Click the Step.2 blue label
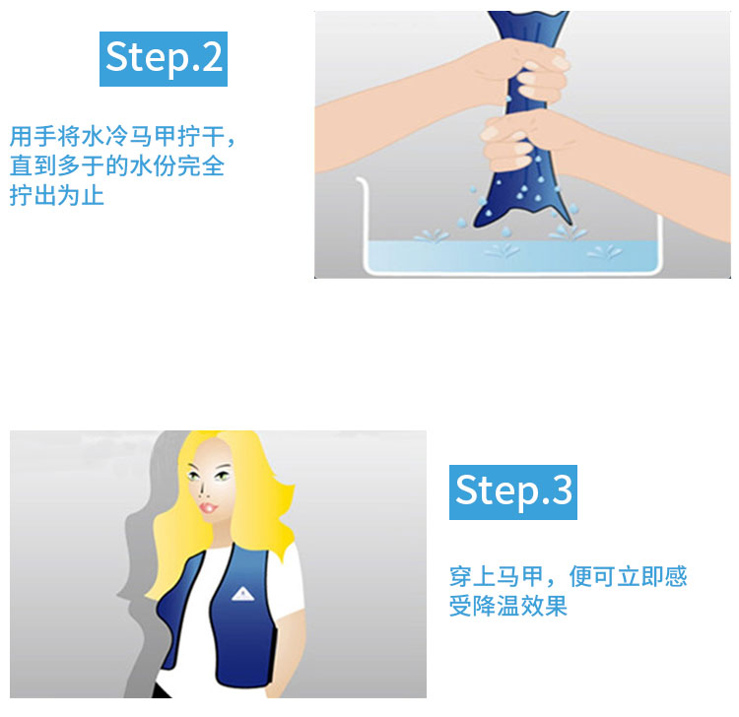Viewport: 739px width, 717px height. click(163, 59)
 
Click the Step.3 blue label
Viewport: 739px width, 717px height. click(512, 492)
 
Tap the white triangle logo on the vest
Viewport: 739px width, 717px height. click(242, 595)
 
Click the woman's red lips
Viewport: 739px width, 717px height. click(208, 508)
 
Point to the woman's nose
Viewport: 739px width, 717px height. click(202, 489)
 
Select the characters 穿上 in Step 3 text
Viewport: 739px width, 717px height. click(473, 576)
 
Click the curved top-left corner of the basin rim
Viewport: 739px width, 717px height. click(360, 179)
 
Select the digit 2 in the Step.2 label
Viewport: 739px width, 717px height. click(212, 57)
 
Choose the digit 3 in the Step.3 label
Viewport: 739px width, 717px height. click(562, 489)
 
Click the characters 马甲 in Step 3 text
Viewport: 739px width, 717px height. click(520, 576)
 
